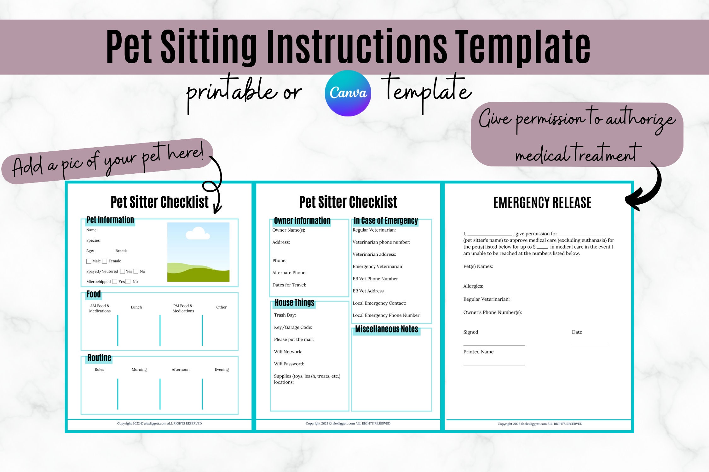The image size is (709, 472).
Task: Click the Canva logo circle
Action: point(348,93)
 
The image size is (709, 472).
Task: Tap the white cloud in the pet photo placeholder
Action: point(198,233)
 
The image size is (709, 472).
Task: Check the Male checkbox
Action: point(89,261)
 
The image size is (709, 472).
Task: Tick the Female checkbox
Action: point(105,261)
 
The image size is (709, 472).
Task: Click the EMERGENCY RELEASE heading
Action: point(542,203)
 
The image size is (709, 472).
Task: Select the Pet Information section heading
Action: point(110,220)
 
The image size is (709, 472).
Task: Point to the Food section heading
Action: point(94,294)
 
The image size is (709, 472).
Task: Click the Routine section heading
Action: point(99,358)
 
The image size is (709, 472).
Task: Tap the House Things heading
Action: point(294,303)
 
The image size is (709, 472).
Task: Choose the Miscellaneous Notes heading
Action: point(387,329)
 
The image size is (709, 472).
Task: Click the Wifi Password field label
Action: point(289,364)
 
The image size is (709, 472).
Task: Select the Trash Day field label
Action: point(285,315)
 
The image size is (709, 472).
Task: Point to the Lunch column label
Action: point(136,307)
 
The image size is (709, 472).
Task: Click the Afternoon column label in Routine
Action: point(181,369)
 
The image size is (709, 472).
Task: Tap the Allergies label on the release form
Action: point(473,286)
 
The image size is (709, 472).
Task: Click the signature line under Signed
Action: point(494,345)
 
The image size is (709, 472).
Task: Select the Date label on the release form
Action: point(577,332)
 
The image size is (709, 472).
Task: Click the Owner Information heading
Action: point(302,221)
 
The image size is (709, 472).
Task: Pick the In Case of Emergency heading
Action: point(386,221)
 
